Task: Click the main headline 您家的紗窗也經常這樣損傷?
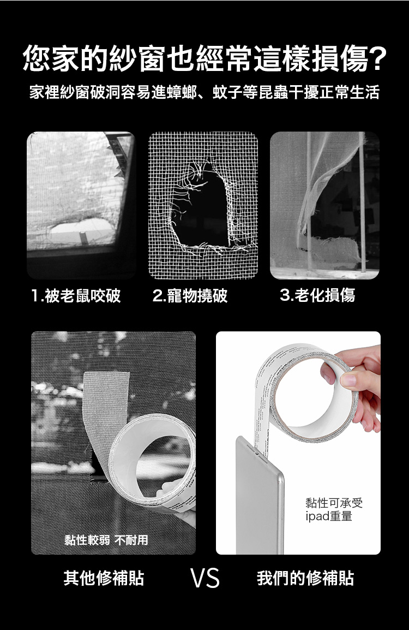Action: (x=204, y=58)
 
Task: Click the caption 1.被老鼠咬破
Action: (x=76, y=296)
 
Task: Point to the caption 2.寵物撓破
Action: (x=190, y=296)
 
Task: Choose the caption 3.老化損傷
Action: (x=317, y=296)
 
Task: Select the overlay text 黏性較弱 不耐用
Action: (x=106, y=540)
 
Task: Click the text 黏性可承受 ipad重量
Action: (x=334, y=509)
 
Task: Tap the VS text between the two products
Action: (x=205, y=578)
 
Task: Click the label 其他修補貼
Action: (x=104, y=578)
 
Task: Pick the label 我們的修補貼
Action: (x=305, y=578)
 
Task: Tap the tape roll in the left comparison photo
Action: (x=153, y=459)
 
